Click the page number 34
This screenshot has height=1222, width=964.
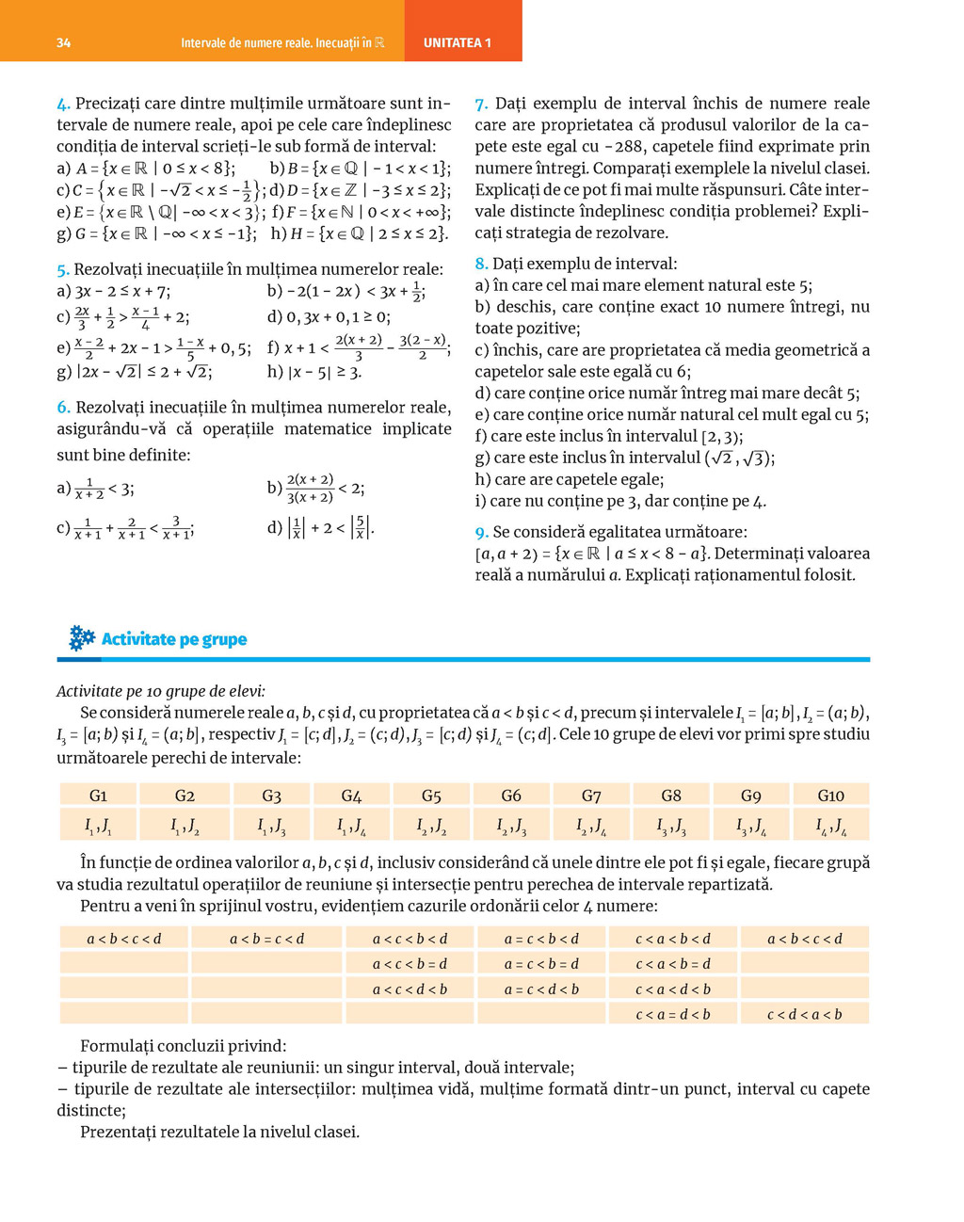(63, 43)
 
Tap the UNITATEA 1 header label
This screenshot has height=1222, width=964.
(458, 43)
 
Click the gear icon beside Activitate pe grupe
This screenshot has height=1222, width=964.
(82, 638)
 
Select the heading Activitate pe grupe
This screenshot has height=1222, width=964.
(174, 639)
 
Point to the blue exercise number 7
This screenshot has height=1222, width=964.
(481, 104)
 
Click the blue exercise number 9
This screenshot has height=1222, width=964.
(481, 532)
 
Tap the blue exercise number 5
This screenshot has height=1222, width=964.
(62, 270)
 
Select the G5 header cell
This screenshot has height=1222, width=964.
(431, 796)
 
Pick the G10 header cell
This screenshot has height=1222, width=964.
(830, 796)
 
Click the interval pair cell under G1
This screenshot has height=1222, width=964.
(98, 826)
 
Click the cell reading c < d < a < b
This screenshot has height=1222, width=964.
(804, 1014)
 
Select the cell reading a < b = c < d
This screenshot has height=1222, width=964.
(266, 938)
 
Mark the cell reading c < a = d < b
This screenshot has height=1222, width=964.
(672, 1014)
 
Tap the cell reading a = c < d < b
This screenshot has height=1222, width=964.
(541, 989)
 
